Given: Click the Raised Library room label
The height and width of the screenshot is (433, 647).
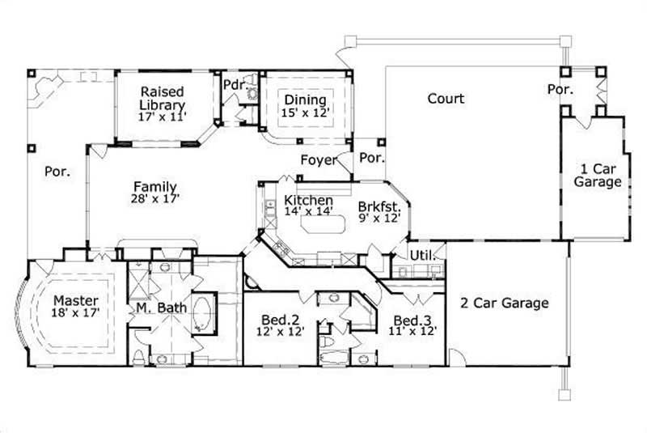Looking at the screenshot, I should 163,98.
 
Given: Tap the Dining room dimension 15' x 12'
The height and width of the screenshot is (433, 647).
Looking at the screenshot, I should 306,112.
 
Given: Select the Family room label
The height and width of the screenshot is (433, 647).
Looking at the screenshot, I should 155,186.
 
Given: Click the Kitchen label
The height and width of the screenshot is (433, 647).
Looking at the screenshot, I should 309,200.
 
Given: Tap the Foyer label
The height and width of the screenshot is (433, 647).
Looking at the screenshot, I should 318,159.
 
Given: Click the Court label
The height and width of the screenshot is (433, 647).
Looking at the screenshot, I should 446,98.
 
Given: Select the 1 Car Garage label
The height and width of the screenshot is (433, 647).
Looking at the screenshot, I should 598,176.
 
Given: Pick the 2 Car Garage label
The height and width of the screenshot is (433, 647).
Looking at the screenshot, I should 505,304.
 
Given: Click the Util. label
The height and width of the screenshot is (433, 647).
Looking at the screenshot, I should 423,255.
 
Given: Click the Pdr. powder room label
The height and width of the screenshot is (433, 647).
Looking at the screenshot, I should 235,83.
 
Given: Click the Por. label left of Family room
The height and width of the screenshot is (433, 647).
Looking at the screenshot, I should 57,172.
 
